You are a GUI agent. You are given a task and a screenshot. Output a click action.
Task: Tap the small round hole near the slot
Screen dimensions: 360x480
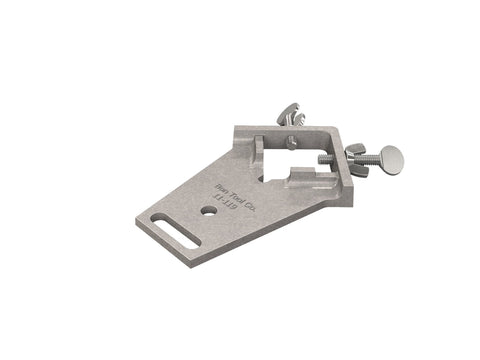click(207, 212)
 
